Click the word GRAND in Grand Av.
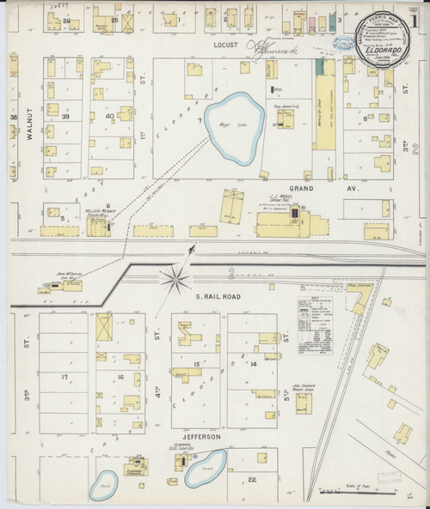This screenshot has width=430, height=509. pos(299,186)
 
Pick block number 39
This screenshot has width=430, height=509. pos(64,116)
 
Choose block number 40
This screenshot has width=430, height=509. pos(109,116)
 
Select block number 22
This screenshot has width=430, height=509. pos(252,478)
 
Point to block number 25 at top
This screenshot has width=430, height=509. pos(114,18)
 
